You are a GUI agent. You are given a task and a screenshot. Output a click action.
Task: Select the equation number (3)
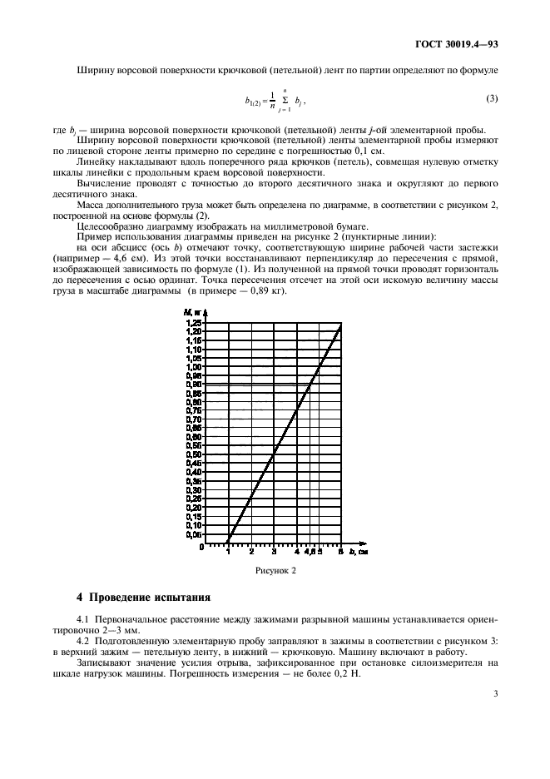point(491,98)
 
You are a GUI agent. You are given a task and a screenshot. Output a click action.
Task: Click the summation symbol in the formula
point(285,100)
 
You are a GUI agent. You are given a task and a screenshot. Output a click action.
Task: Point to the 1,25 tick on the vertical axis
point(193,321)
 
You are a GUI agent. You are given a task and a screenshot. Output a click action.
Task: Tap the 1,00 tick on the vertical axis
point(193,366)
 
